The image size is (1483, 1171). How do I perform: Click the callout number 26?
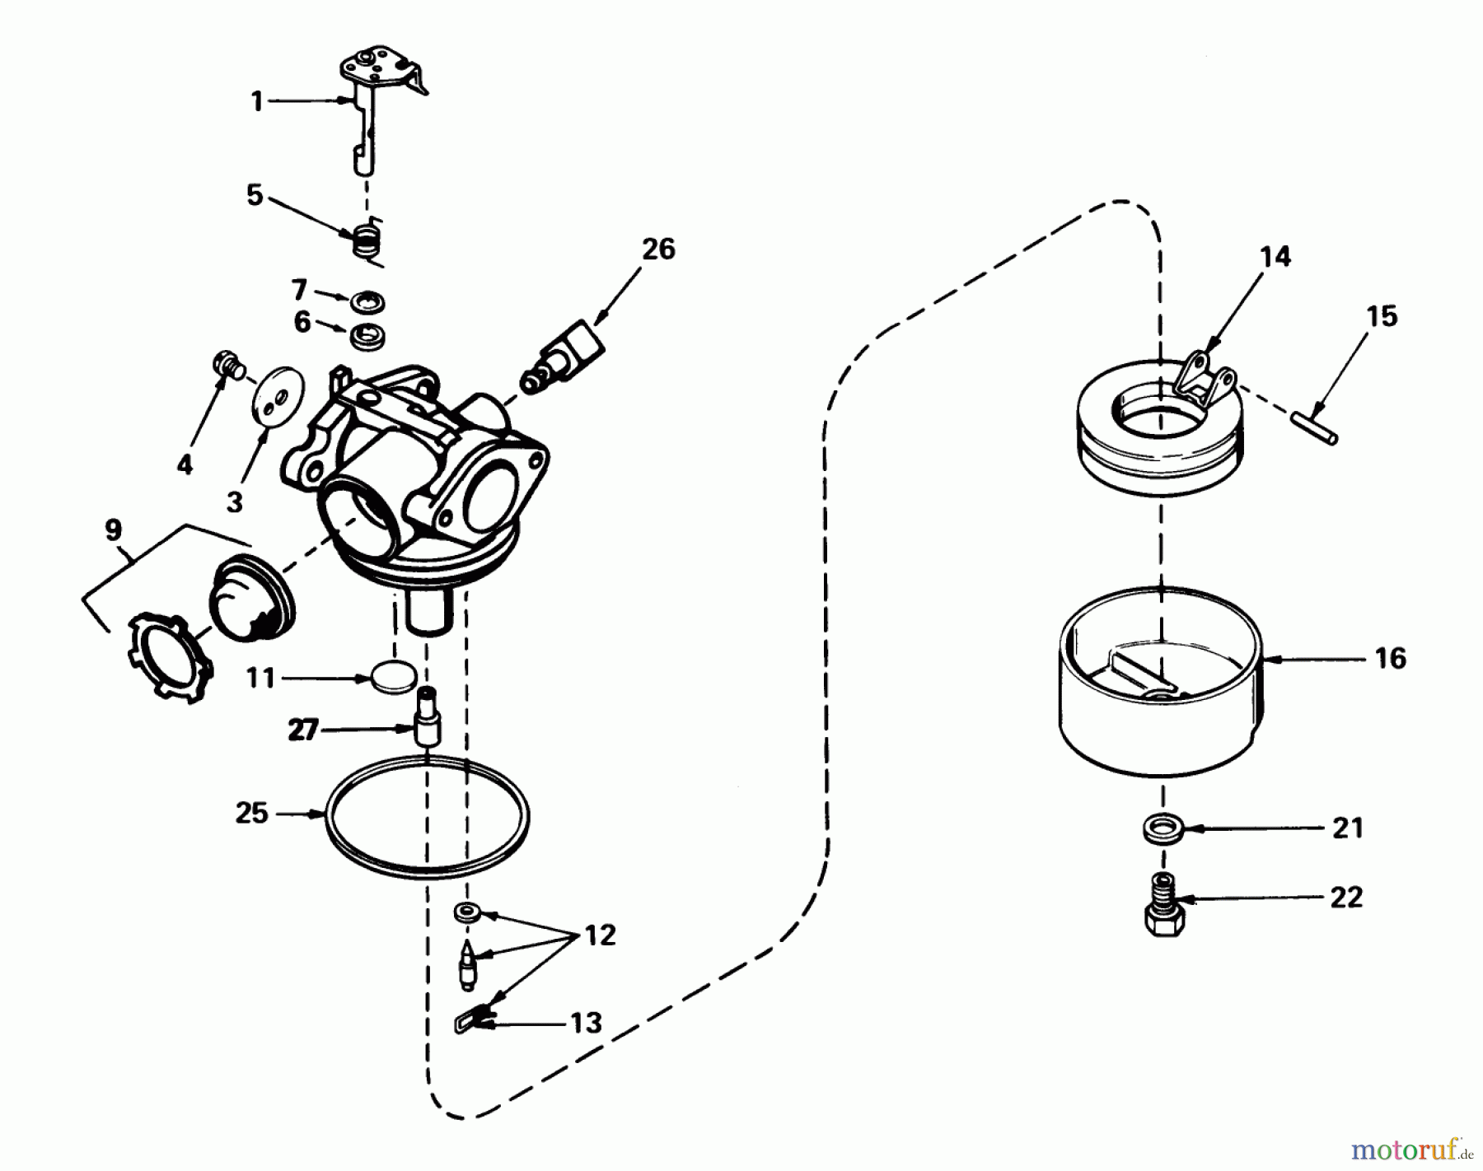click(657, 249)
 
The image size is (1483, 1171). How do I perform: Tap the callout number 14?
click(1275, 257)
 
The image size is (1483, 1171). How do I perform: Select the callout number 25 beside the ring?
click(252, 814)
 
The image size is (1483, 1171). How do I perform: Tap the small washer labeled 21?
click(1163, 828)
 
